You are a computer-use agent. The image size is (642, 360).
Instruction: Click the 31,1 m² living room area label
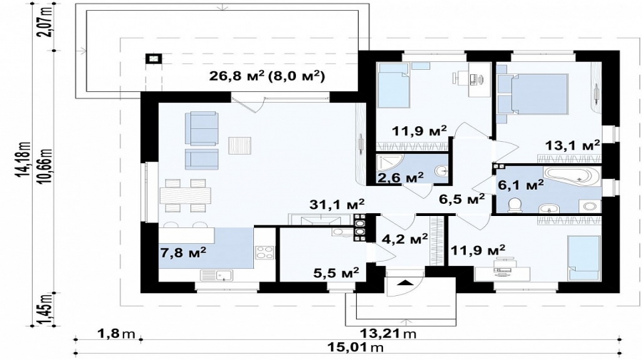click(337, 204)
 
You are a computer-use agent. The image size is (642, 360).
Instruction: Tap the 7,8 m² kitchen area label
click(183, 252)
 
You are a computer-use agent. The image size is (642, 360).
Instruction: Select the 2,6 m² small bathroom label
click(400, 178)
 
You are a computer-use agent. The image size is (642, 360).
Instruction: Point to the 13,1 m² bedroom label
click(573, 145)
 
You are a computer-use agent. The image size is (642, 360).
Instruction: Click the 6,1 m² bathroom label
click(521, 185)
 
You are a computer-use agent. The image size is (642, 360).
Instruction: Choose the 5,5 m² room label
click(336, 272)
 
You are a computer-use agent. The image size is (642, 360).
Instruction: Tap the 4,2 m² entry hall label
click(404, 238)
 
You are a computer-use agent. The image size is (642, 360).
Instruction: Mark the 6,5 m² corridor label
click(462, 199)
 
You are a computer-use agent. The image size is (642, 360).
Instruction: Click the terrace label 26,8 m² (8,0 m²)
click(267, 76)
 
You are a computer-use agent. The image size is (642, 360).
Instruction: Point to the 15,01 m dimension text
click(356, 348)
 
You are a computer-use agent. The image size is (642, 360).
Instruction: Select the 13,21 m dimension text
click(388, 334)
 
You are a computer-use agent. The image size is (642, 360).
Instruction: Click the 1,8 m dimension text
click(116, 334)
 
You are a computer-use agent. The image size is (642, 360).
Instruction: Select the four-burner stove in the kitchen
click(265, 252)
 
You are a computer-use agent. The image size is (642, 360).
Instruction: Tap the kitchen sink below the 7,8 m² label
click(217, 275)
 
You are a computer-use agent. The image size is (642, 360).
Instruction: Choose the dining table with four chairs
click(185, 195)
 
